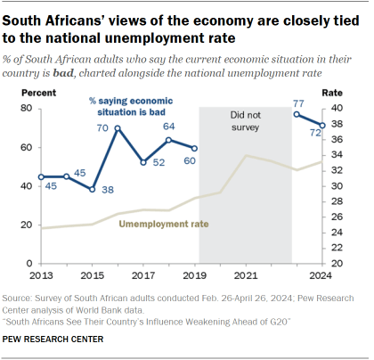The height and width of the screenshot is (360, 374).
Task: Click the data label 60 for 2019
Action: pyautogui.click(x=189, y=160)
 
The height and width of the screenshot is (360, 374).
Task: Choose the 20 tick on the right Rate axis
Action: pyautogui.click(x=338, y=264)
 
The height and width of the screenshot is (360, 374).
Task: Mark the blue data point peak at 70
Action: pyautogui.click(x=118, y=127)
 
